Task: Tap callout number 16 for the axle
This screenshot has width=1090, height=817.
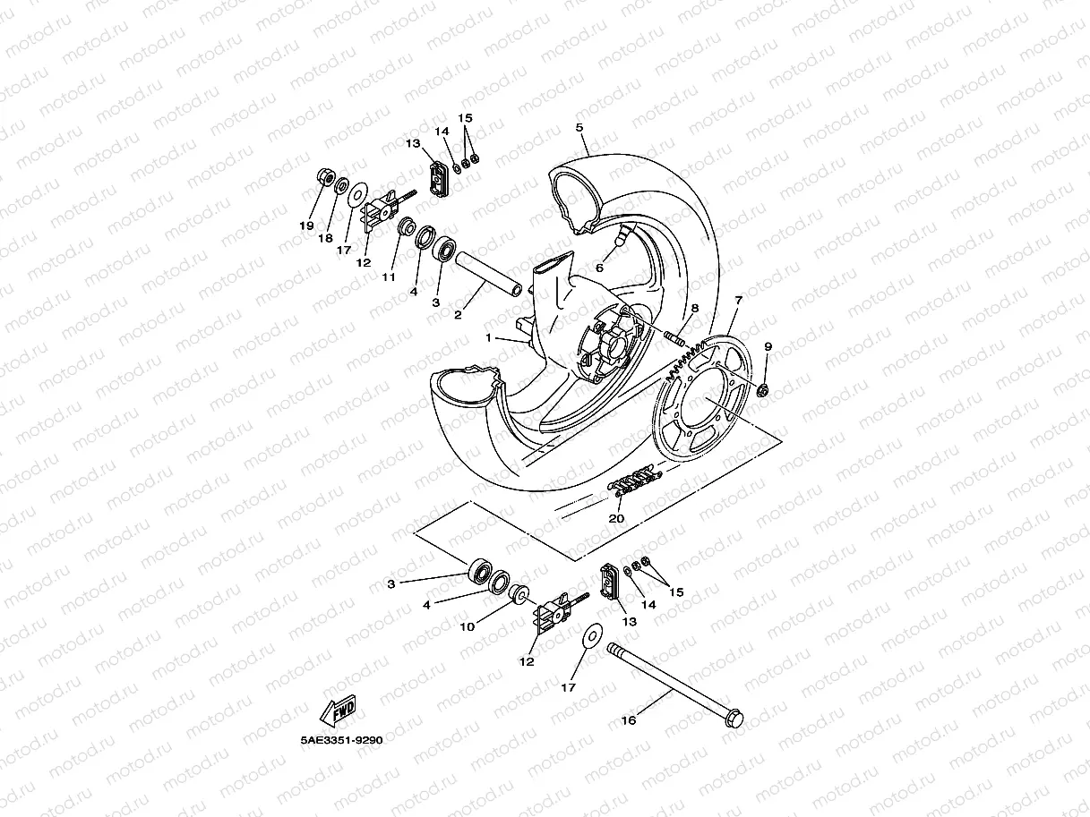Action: [628, 720]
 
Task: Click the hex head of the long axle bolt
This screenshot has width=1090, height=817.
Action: [735, 718]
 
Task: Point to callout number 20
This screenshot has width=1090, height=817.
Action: [616, 519]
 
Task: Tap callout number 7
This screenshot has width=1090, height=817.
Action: [739, 300]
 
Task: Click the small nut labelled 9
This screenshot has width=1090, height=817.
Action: [763, 390]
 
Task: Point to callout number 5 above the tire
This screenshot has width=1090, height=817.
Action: [579, 128]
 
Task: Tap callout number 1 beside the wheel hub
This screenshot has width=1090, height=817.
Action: [489, 338]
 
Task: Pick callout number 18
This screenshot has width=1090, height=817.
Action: [325, 239]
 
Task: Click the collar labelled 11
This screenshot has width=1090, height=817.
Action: [406, 226]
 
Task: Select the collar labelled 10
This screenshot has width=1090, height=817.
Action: [517, 594]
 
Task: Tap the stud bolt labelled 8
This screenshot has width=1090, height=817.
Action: [674, 338]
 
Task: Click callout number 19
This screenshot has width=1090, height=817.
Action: [306, 226]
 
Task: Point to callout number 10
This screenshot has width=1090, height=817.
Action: [467, 626]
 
